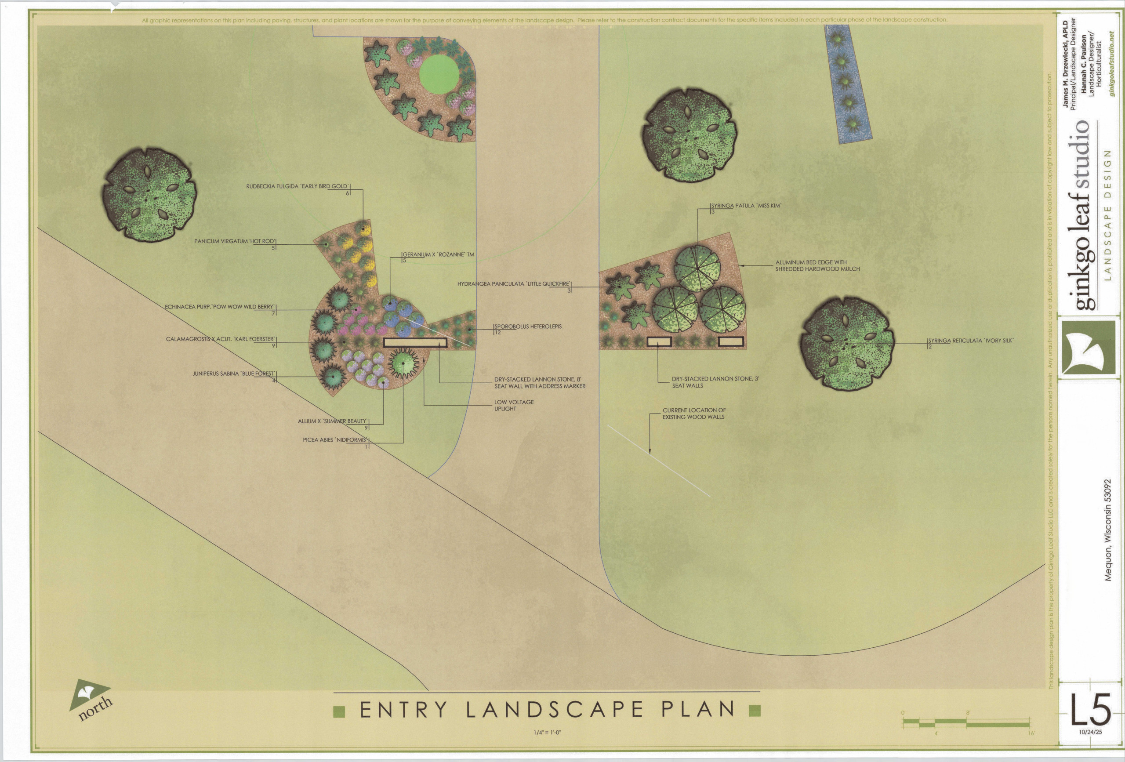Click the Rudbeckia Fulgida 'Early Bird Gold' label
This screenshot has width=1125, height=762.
297,186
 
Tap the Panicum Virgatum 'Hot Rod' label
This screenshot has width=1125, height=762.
235,241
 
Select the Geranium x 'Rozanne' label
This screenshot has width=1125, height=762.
438,254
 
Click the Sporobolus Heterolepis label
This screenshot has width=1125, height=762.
528,327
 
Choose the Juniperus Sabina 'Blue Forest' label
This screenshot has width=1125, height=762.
234,374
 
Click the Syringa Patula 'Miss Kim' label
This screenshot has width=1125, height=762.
745,206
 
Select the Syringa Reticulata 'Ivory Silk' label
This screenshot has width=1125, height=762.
970,341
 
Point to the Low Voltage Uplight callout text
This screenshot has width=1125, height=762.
514,405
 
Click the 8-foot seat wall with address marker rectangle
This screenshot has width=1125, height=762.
415,343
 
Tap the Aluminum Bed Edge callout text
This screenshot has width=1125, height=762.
817,266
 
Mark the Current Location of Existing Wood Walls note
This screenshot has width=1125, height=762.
694,414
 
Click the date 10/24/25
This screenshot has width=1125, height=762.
1090,732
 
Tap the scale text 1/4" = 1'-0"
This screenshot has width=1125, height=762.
547,733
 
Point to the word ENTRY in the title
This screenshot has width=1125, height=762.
403,710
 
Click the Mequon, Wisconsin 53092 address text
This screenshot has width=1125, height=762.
1107,530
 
